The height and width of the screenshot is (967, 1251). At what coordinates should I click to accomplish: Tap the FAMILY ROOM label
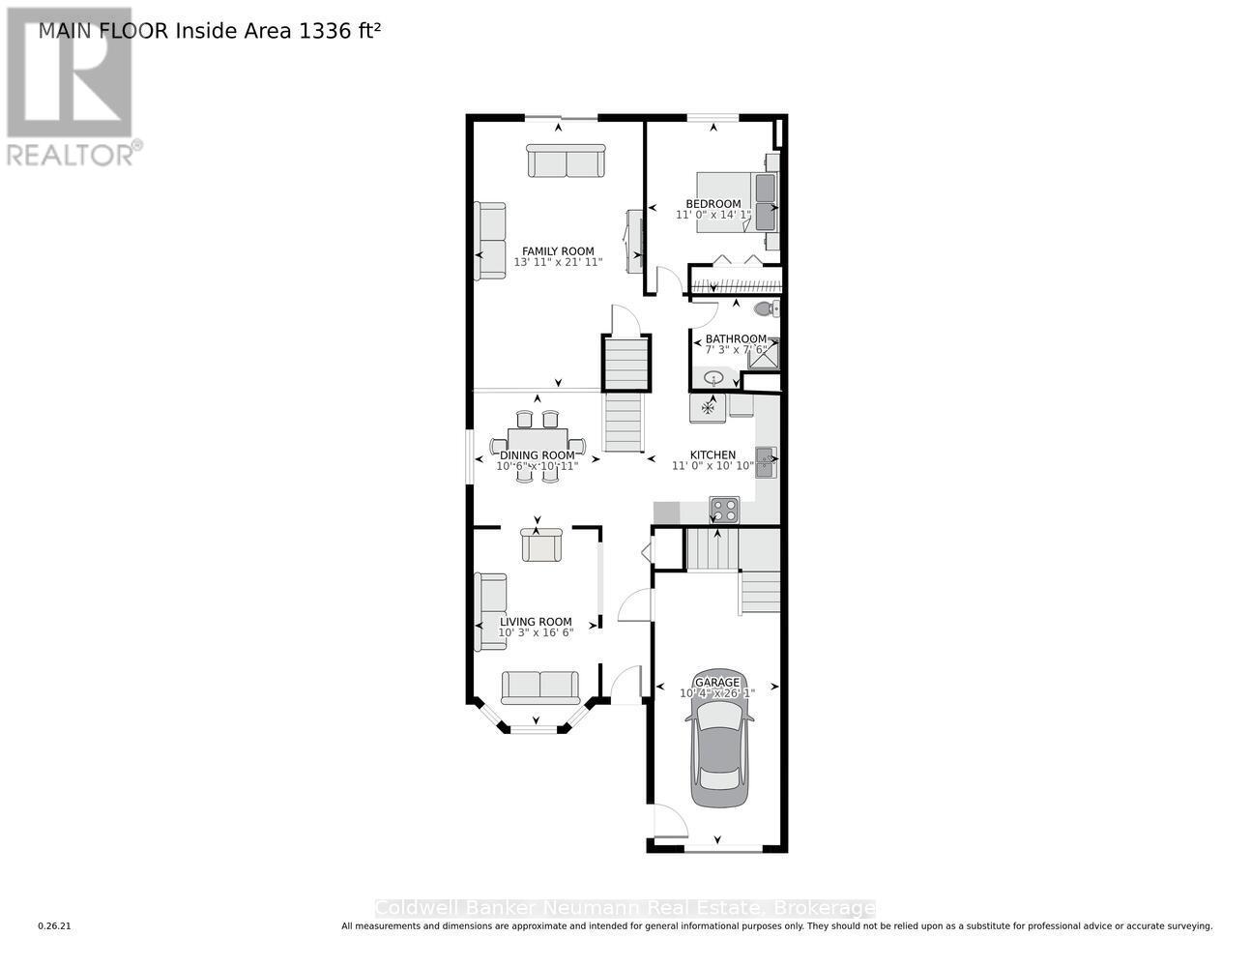coord(558,251)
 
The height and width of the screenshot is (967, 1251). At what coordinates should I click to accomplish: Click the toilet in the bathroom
coord(765,308)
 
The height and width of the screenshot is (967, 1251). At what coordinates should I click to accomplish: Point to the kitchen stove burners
coord(724,508)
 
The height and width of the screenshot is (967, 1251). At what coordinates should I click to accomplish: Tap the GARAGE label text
coord(716,682)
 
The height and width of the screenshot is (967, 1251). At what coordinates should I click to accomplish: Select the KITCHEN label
coord(713,454)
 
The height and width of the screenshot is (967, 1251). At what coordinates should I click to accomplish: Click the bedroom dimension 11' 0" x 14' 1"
coord(713,215)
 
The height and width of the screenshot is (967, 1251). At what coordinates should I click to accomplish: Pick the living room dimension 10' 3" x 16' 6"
coord(536,632)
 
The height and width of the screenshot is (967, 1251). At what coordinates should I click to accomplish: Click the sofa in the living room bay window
coord(539,688)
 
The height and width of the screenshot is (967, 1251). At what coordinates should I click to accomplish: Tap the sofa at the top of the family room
coord(566,161)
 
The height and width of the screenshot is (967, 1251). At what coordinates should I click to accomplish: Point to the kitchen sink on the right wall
coord(766,462)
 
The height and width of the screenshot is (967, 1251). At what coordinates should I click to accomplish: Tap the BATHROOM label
coord(736,338)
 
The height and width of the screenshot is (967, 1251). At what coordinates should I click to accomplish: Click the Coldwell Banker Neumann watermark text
coord(625,908)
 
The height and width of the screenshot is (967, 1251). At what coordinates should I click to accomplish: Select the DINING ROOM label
coord(537,455)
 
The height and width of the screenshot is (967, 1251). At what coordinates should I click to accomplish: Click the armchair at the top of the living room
coord(538,544)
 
